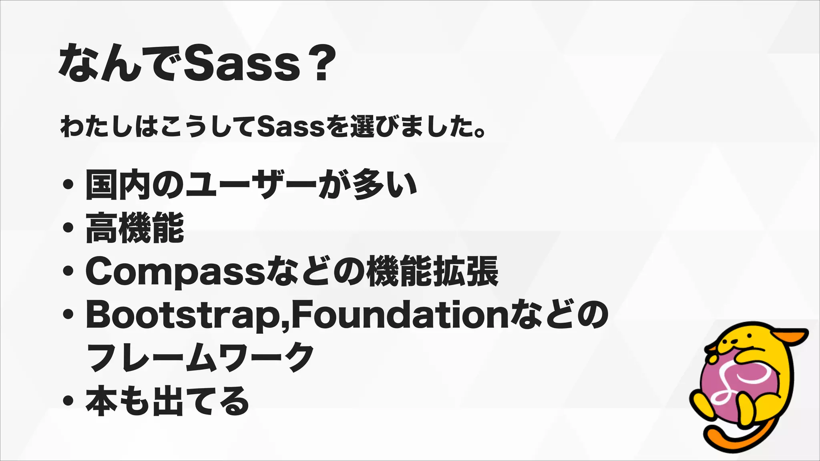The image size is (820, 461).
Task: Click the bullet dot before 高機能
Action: (x=68, y=228)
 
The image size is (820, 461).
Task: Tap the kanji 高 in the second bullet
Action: (x=102, y=228)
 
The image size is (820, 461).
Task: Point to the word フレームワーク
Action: (x=200, y=357)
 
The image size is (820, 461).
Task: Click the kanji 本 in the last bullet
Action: (x=102, y=400)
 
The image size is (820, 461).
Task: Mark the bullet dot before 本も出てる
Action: (x=68, y=400)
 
